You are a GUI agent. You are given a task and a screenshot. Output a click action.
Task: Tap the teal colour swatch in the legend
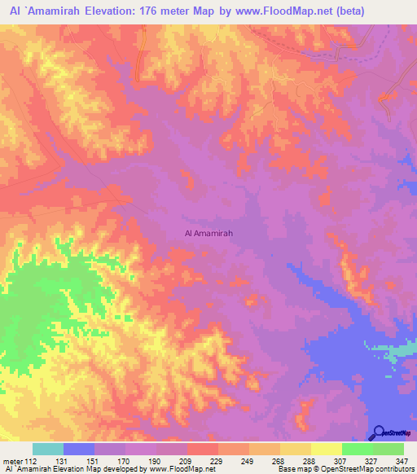coord(48,449)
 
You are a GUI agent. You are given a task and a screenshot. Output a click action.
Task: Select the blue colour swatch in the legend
coord(79,449)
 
